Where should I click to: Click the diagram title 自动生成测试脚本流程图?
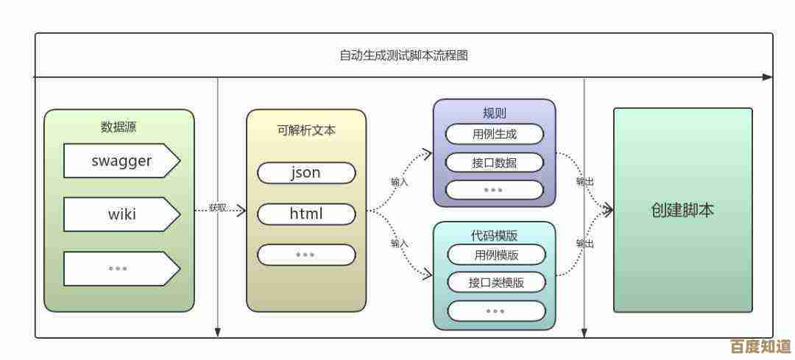point(403,55)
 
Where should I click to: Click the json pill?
point(305,173)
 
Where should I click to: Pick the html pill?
point(305,214)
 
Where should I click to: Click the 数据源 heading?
point(119,127)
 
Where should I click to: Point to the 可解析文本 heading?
point(305,130)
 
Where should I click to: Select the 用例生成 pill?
point(494,134)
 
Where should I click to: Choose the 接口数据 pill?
point(494,162)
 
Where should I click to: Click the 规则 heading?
point(494,113)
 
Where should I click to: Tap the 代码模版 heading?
point(494,236)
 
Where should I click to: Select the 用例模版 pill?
point(496,255)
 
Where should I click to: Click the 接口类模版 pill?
point(496,282)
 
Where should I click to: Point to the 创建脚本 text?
point(682,210)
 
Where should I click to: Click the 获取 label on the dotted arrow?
point(218,208)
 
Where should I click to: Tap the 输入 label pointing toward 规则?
point(400,181)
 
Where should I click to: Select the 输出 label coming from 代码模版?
point(585,243)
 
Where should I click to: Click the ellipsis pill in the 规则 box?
point(494,189)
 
